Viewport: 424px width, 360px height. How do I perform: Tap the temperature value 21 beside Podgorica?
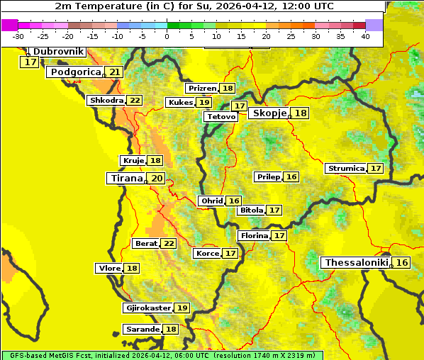point(115,72)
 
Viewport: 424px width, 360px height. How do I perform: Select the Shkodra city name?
point(106,101)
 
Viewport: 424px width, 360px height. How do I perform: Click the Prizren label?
point(202,89)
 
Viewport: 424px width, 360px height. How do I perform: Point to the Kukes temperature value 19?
point(204,103)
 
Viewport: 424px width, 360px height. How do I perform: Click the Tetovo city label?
point(221,116)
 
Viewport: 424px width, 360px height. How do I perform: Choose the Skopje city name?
point(269,113)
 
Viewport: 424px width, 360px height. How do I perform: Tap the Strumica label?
point(345,169)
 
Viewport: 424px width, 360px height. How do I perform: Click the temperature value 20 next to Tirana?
point(157,179)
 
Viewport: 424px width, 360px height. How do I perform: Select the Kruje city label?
point(133,161)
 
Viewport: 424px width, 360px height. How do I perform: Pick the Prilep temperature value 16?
point(291,176)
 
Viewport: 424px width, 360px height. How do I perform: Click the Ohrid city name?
point(211,201)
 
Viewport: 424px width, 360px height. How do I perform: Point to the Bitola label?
point(251,210)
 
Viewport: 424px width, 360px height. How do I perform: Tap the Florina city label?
point(255,235)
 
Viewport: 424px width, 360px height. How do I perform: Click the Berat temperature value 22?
point(169,244)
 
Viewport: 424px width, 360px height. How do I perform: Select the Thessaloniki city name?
point(356,263)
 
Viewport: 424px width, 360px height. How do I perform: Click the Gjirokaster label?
point(147,308)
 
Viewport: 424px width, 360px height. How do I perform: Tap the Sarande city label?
point(142,330)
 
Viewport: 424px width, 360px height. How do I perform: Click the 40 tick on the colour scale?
point(365,35)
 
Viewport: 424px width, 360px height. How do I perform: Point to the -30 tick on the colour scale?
point(18,35)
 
